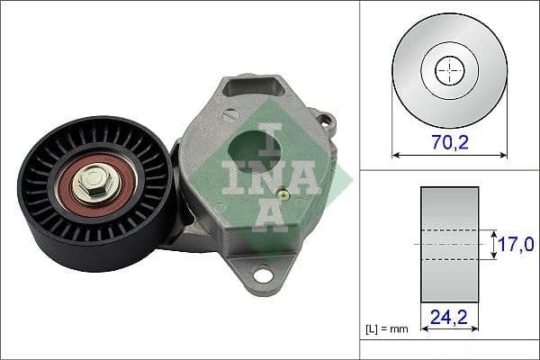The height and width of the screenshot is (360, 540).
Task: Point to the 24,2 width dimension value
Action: coord(448,317)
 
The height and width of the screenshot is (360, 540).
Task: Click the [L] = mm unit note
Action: coord(387,328)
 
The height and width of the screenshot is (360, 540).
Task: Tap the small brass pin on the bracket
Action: coord(283,193)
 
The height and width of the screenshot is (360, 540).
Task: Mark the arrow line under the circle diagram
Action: coord(448,156)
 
